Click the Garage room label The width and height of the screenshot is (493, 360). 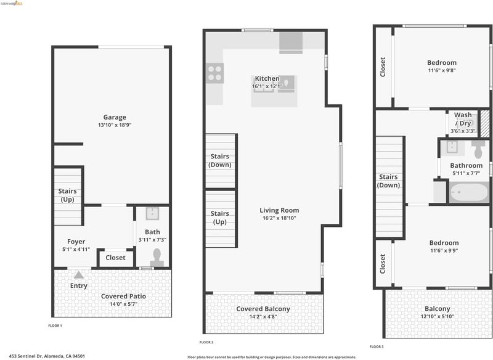point(115,117)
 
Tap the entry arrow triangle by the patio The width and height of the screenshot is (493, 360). point(79,275)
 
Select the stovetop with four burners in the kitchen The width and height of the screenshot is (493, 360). point(215,73)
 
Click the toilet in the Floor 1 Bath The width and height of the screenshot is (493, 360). point(157,258)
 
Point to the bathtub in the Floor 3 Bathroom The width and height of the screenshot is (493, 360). point(468,192)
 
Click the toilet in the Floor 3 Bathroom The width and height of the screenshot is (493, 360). point(478,149)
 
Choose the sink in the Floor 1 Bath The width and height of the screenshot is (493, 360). point(152,213)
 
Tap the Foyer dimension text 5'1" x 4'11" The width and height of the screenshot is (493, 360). point(76,249)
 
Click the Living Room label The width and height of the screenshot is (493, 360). point(279,210)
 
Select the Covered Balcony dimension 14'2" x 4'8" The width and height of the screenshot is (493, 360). point(263,317)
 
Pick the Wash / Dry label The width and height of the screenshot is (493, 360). point(463,119)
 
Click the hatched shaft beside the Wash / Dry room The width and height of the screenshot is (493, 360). point(484,123)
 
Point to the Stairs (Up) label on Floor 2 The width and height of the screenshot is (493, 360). point(220,218)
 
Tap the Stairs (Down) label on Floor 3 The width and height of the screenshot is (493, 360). point(388,181)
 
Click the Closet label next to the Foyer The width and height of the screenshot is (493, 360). point(115,258)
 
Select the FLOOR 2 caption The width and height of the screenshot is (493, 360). point(206,342)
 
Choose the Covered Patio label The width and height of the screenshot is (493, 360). point(123,296)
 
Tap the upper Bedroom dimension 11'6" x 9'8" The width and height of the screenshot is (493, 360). point(442,70)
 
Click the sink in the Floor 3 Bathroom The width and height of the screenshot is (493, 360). point(452,147)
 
